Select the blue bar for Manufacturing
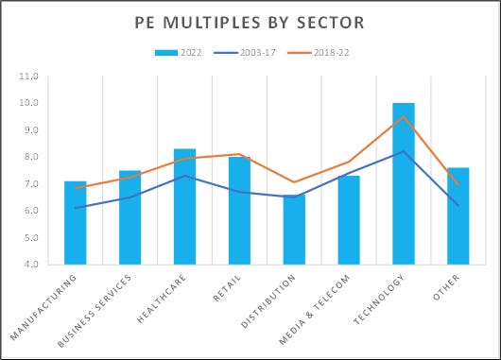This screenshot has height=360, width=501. [76, 223]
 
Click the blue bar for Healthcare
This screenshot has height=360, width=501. [185, 207]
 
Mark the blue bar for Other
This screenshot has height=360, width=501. [458, 216]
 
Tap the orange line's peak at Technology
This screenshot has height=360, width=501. [404, 117]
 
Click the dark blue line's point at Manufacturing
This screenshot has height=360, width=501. [76, 208]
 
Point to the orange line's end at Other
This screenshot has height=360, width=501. [458, 184]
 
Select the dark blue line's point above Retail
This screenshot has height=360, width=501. [239, 192]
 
